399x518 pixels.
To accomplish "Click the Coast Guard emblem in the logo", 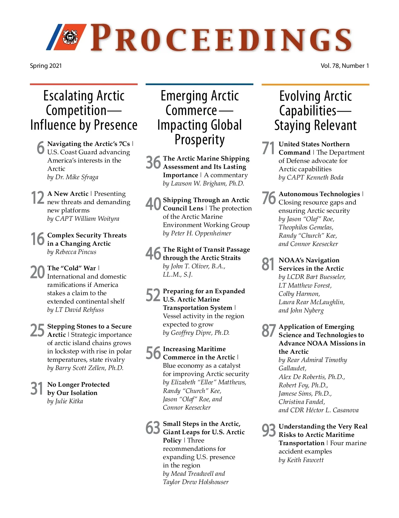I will click(70, 36).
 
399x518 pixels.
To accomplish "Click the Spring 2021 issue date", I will click(46, 65).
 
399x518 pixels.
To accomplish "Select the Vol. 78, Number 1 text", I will click(344, 65).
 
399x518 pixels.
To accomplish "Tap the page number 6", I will click(41, 148).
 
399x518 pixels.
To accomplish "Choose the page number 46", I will click(153, 253).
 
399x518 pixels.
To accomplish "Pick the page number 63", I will click(153, 428).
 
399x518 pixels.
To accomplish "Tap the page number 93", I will click(269, 430).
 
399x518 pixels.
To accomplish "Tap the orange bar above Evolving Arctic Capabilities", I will click(315, 84).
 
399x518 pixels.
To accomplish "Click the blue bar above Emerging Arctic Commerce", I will click(199, 84).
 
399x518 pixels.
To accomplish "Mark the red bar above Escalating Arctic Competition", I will click(84, 84).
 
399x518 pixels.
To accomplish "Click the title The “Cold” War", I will click(71, 268).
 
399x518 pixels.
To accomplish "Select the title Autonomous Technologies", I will click(319, 194).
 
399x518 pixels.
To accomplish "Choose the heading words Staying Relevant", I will click(315, 125).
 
